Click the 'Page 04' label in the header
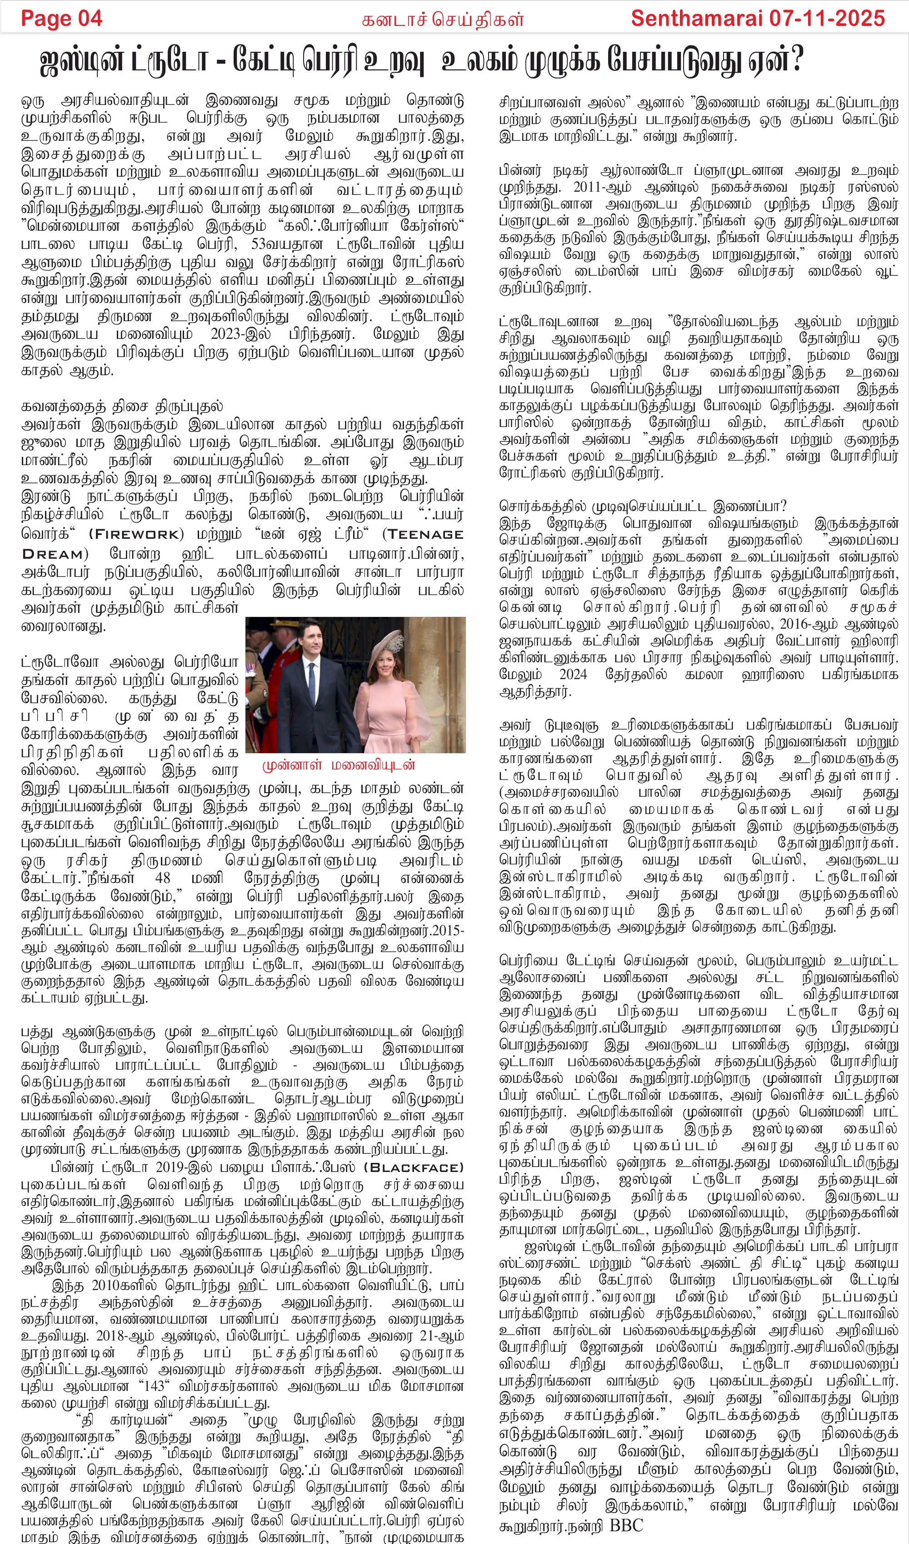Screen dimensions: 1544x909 coord(61,18)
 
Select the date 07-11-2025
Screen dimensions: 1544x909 coord(828,18)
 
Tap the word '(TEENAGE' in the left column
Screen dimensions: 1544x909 coord(423,534)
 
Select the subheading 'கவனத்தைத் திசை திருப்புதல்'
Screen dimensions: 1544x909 coord(122,406)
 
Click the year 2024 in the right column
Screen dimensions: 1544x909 coord(573,675)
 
